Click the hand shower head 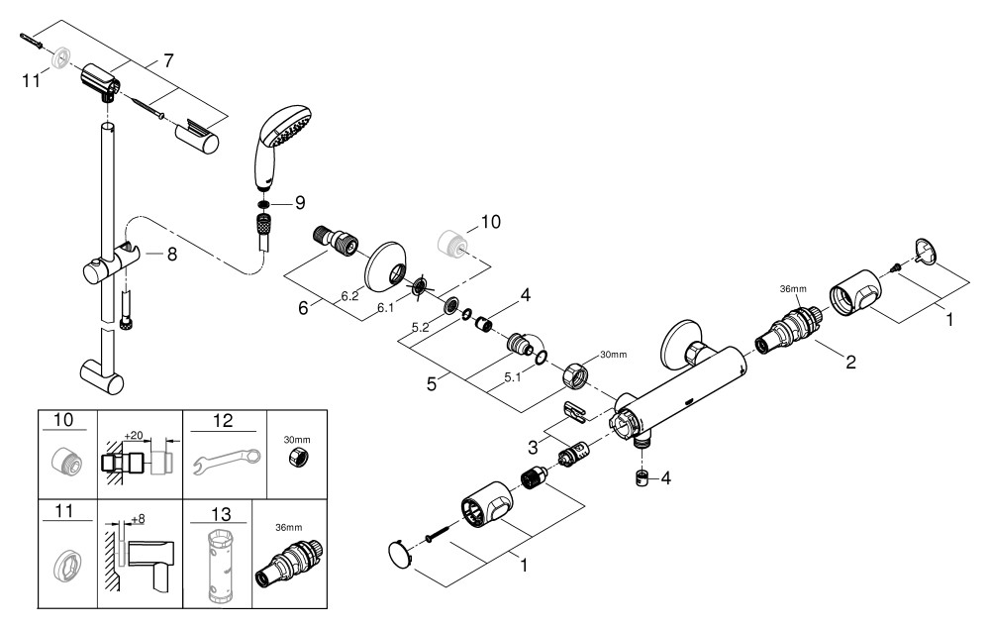(x=279, y=143)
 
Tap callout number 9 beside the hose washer (x=300, y=204)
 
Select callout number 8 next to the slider (x=172, y=254)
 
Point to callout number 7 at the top (x=168, y=61)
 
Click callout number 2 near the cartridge (x=849, y=363)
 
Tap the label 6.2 (x=349, y=295)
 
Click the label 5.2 (x=419, y=326)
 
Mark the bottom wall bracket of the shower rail (x=101, y=374)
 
